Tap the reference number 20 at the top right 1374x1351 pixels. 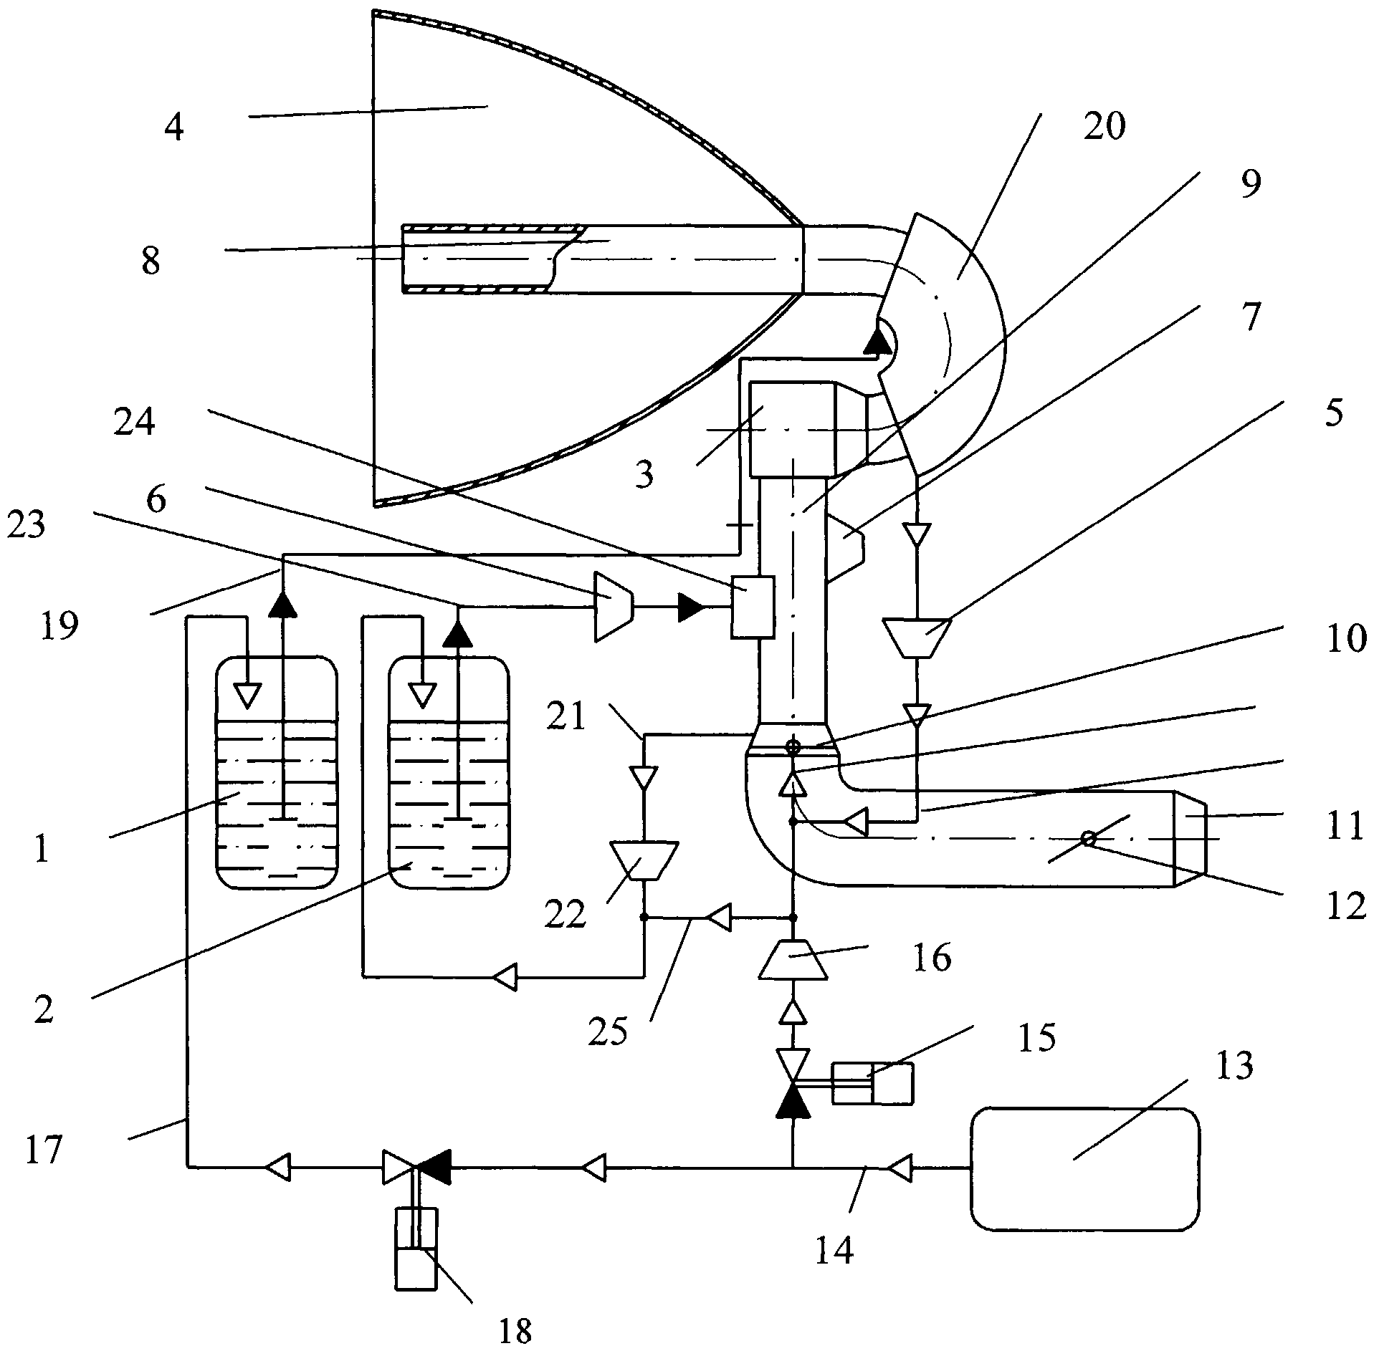tap(1105, 127)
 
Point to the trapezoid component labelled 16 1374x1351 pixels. tap(793, 959)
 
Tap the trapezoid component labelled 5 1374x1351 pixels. tap(917, 636)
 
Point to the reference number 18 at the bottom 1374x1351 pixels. tap(515, 1331)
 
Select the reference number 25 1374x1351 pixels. tap(607, 1032)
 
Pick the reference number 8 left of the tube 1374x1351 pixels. tap(151, 262)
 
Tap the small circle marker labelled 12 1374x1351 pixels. tap(1088, 839)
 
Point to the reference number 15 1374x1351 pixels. tap(1037, 1037)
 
